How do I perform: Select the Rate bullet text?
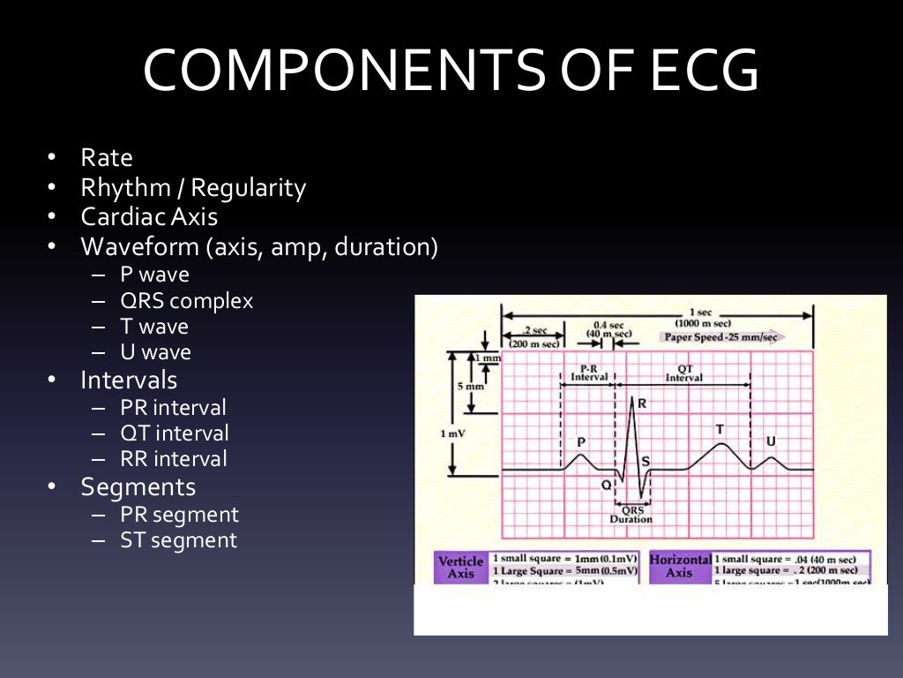click(x=107, y=159)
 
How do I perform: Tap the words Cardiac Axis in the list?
click(x=149, y=217)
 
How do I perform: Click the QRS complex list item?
click(x=187, y=301)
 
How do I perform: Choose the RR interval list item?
click(x=174, y=459)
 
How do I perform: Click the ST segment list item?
click(x=179, y=540)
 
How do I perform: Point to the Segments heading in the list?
click(x=138, y=487)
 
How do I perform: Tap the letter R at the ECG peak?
click(x=642, y=403)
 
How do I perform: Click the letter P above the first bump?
click(x=581, y=441)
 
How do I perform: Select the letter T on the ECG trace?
click(x=720, y=429)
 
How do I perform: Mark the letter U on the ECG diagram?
click(x=771, y=441)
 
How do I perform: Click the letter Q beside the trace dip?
click(x=606, y=485)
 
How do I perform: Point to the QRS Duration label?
click(x=631, y=515)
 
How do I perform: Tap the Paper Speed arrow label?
click(x=720, y=337)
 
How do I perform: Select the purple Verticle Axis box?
click(x=460, y=568)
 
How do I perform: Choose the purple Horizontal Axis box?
click(x=680, y=567)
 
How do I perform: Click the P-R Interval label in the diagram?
click(x=589, y=372)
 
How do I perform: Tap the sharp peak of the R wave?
click(x=632, y=397)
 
